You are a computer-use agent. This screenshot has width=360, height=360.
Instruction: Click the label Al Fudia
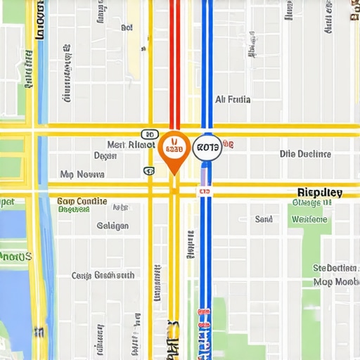232,100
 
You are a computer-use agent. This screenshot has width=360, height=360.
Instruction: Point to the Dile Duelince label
304,153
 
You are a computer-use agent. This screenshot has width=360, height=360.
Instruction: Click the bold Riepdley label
319,192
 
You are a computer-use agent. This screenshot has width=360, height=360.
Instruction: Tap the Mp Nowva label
82,174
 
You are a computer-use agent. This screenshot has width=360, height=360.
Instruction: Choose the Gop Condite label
82,201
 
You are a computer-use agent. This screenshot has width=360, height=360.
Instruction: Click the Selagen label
112,226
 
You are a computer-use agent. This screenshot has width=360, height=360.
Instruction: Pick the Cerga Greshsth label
103,275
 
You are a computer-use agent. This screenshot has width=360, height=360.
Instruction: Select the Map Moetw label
336,281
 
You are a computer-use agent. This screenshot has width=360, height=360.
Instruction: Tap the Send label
264,219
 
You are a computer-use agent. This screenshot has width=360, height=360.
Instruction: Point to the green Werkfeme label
309,219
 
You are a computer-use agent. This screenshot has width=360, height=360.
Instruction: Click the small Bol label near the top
127,28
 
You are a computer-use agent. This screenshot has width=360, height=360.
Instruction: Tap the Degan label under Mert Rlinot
105,155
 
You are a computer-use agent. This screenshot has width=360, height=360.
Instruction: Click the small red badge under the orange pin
205,190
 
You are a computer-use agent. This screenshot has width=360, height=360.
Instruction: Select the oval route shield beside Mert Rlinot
149,134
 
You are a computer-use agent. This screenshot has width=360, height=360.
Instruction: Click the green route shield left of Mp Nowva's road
148,170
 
